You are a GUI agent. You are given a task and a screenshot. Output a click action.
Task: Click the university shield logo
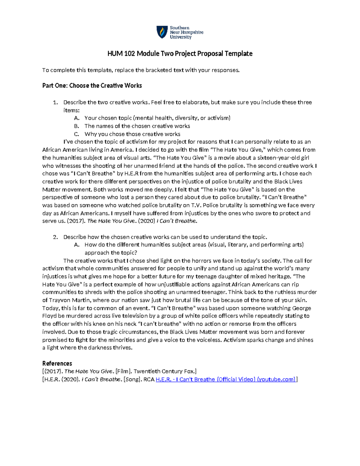[162, 32]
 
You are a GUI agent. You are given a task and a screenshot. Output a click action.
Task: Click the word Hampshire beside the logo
[192, 32]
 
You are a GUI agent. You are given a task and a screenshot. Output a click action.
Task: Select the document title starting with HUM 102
[180, 54]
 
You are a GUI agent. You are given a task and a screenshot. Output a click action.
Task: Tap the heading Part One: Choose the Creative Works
[92, 86]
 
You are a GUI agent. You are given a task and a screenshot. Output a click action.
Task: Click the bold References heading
[57, 363]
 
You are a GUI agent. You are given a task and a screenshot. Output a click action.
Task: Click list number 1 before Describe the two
[55, 102]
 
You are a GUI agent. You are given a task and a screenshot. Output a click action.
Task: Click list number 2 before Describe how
[55, 237]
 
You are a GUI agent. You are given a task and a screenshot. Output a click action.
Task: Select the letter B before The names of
[76, 126]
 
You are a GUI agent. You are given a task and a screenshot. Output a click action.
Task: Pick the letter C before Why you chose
[76, 134]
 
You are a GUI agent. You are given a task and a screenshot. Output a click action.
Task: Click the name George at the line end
[301, 308]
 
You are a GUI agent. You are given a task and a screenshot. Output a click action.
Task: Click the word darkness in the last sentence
[100, 348]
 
